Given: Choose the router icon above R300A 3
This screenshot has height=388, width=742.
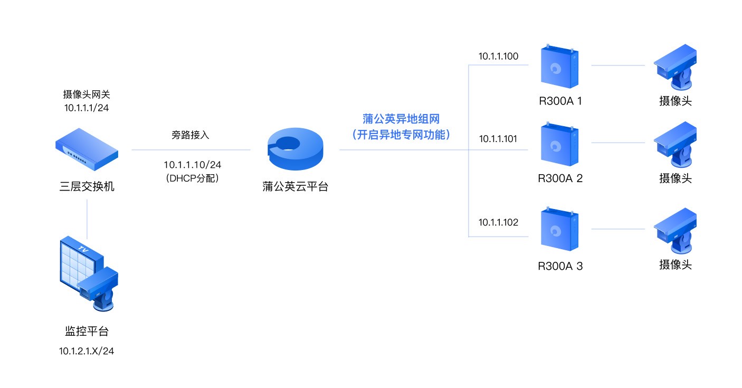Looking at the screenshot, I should point(559,230).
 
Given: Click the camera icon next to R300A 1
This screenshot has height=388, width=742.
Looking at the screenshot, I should point(675,68).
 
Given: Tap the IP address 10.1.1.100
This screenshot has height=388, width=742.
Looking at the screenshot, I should point(498,56).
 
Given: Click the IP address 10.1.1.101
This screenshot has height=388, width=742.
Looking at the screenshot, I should point(498,139).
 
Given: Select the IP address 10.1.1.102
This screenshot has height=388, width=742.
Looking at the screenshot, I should point(498,222).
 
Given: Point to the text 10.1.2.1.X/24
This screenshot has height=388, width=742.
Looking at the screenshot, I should point(87,351).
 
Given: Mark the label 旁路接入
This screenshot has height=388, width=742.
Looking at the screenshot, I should point(191,135).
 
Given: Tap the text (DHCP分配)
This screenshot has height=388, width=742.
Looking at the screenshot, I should point(192,178).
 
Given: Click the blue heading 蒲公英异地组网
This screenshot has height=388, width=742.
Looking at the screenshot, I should point(401,119).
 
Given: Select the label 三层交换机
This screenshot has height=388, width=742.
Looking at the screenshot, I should point(87,186).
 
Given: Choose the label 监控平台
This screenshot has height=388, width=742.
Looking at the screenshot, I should point(87,332).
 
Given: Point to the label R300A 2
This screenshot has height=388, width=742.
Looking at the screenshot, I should point(560,178).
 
